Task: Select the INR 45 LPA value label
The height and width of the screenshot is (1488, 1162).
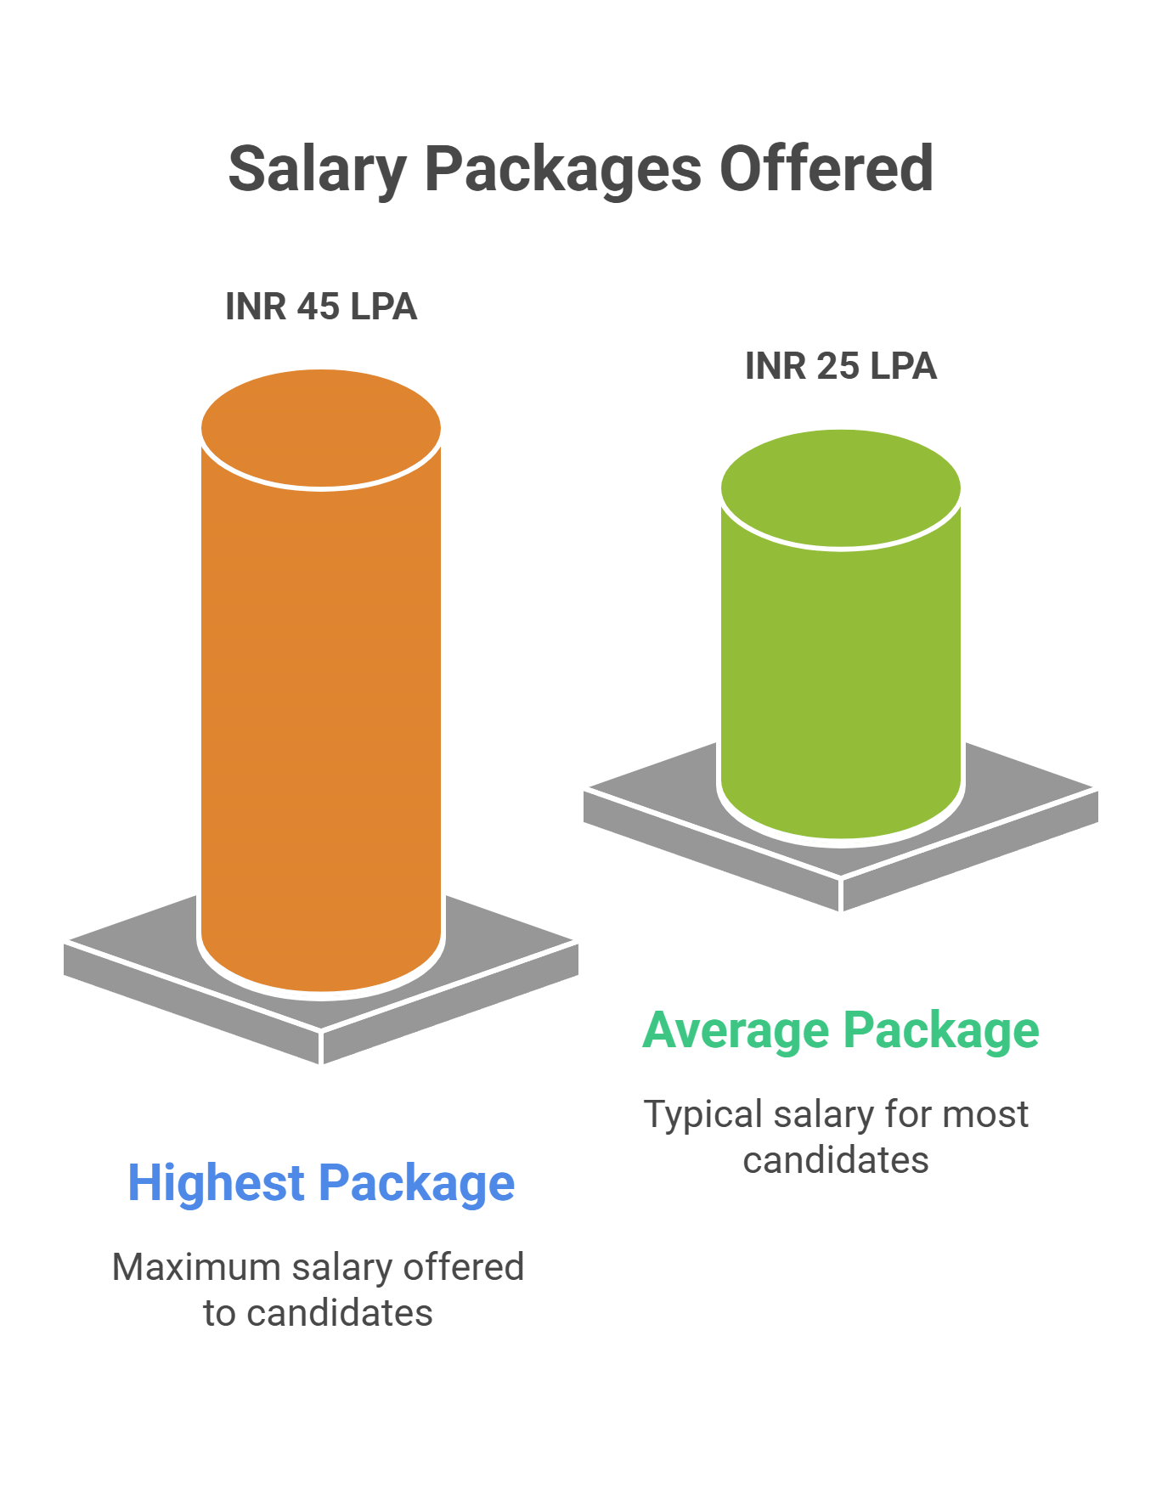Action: point(321,307)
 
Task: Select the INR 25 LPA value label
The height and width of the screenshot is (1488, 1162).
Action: point(841,366)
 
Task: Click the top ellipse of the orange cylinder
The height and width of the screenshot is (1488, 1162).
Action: point(321,429)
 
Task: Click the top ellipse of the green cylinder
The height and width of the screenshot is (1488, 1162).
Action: point(841,489)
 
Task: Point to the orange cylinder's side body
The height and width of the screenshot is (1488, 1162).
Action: point(321,722)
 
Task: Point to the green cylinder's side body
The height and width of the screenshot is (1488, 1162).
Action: point(841,679)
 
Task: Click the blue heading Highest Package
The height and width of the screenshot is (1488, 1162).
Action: point(321,1183)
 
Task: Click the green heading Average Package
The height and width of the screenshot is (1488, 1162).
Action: point(841,1030)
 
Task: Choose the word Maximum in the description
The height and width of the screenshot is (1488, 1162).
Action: point(196,1267)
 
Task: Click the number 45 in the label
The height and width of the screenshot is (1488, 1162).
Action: point(318,307)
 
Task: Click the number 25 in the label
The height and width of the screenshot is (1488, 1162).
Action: point(838,366)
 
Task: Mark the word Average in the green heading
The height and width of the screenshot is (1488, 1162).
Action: point(736,1030)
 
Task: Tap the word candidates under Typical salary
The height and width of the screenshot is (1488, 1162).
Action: point(836,1160)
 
